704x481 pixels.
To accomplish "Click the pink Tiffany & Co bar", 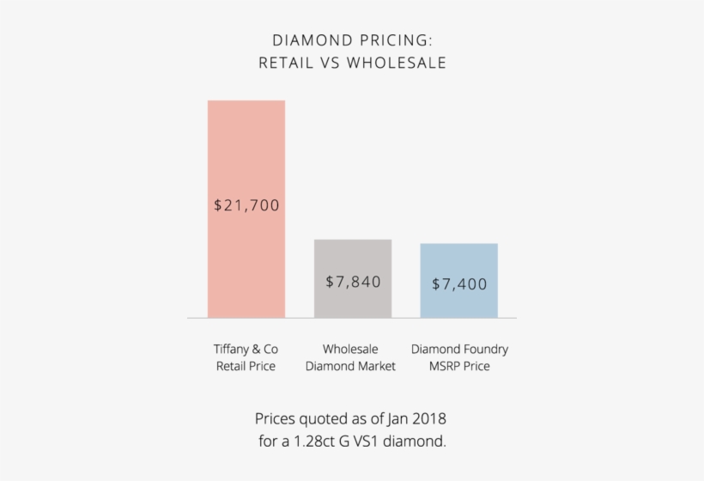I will [246, 155].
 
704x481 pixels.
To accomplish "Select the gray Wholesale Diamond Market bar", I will [353, 258].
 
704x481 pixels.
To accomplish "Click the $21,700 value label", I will [246, 206].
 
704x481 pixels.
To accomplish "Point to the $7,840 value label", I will [353, 282].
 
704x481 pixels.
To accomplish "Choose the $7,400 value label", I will [459, 283].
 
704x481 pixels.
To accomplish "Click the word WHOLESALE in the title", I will [397, 63].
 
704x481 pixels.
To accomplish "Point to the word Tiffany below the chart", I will [234, 350].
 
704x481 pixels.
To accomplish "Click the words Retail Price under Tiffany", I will [246, 367].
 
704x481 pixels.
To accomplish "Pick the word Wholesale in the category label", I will [350, 350].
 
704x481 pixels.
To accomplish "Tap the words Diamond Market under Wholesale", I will [350, 367].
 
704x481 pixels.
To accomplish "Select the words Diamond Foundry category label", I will [459, 350].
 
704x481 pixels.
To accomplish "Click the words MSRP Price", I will [459, 367].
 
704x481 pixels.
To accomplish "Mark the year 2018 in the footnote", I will [428, 419].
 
